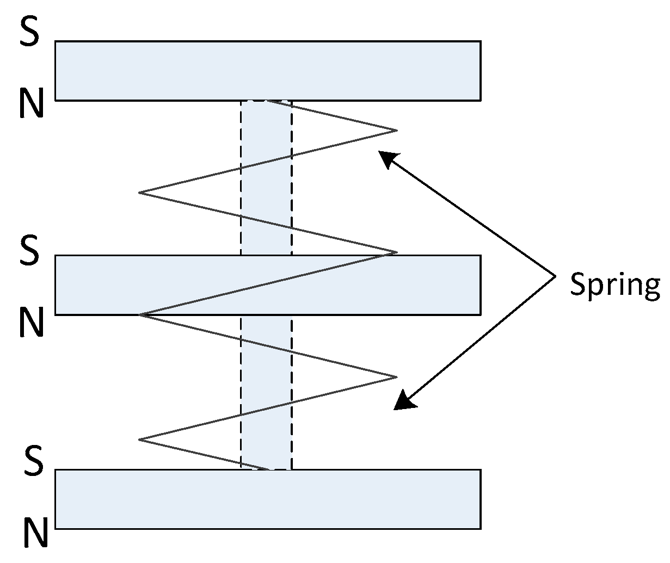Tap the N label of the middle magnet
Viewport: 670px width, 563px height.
pos(31,321)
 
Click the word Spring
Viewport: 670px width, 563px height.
pos(614,283)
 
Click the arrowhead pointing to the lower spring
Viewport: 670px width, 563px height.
pos(403,400)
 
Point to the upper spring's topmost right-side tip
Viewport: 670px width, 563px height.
pos(396,131)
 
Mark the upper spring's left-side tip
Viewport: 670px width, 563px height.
pos(140,193)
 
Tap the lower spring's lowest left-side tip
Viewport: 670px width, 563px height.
pos(140,439)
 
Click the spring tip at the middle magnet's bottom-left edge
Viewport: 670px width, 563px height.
pos(140,315)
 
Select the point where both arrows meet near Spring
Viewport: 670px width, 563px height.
pos(555,277)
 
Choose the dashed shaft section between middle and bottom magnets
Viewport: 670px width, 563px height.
pos(266,392)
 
